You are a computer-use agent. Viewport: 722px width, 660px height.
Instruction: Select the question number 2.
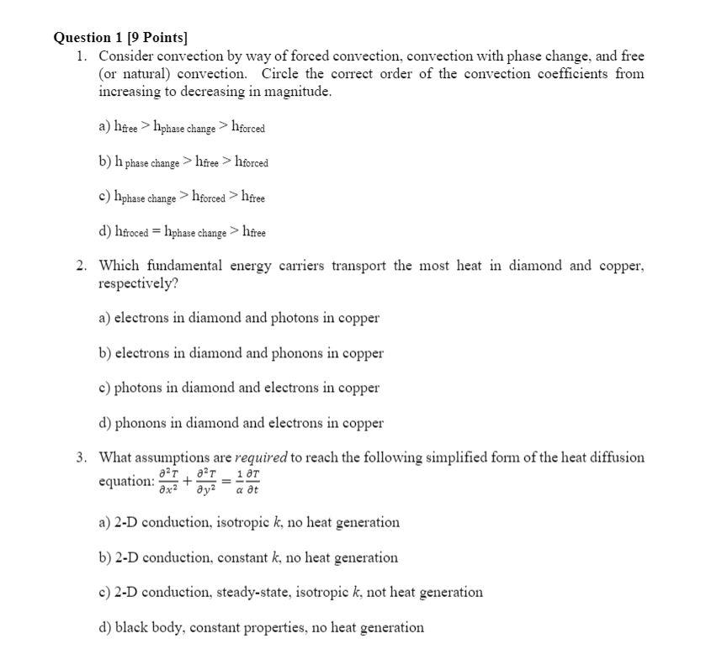pos(80,266)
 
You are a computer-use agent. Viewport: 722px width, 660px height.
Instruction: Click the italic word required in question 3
pos(261,458)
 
